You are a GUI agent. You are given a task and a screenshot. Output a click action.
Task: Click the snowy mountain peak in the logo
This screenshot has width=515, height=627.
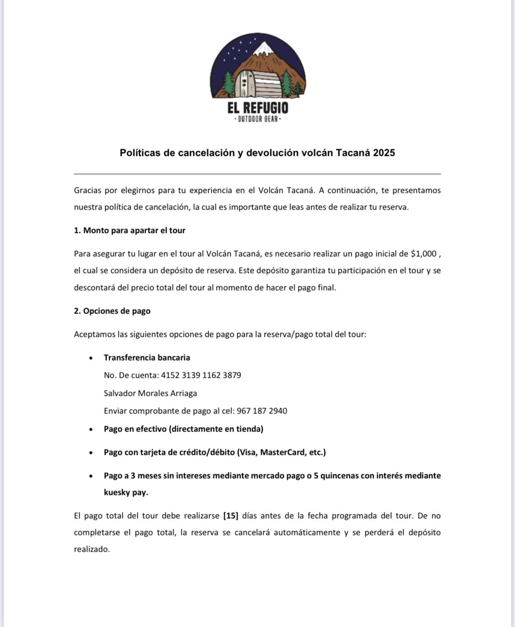264,48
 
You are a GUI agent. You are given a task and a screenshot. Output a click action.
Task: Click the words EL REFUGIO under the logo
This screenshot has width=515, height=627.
258,108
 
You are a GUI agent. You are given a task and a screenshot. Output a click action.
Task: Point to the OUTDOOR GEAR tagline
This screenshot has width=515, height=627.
258,119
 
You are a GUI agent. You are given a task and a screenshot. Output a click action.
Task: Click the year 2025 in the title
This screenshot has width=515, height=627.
384,153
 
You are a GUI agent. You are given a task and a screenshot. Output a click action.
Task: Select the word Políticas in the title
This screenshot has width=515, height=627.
141,153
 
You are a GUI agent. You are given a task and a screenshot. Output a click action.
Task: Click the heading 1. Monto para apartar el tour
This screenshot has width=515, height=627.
129,230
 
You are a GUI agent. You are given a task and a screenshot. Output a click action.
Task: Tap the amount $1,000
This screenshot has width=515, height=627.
424,254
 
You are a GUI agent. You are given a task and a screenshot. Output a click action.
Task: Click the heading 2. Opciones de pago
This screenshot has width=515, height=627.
112,311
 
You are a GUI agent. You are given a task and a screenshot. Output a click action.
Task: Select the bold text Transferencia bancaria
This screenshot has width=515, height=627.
147,358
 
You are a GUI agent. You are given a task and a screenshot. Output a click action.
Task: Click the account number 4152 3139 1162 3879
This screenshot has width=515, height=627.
201,375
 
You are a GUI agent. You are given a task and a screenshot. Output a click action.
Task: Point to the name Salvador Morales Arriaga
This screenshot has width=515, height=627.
151,393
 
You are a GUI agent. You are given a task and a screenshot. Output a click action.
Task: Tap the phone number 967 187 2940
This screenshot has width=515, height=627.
262,411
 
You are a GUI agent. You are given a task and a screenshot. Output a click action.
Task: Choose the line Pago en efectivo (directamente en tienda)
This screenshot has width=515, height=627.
184,429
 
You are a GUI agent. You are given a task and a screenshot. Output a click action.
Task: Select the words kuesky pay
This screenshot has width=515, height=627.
126,492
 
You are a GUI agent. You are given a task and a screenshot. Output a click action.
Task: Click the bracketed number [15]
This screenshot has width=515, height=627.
231,516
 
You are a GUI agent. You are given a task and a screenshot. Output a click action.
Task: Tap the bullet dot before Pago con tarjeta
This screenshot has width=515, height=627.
91,453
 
